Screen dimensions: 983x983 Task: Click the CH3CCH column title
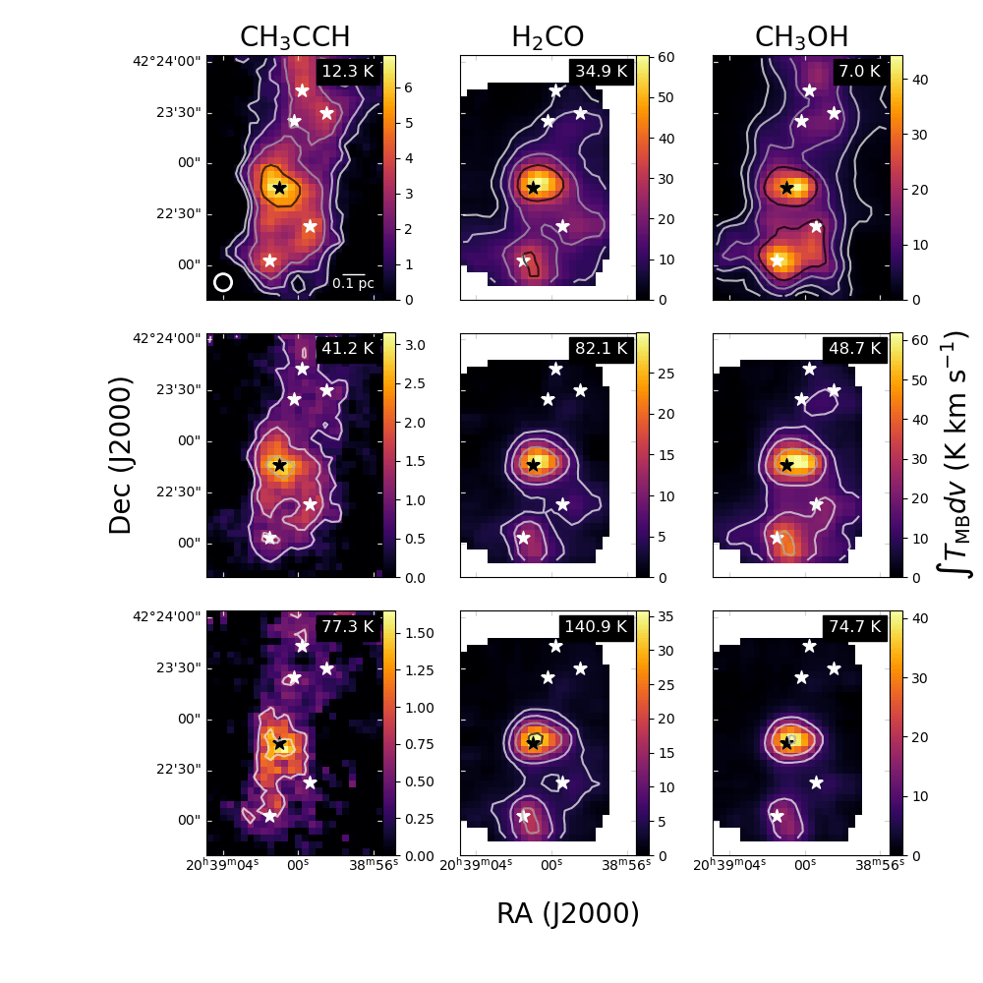click(x=295, y=37)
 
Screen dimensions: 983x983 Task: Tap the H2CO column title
click(x=548, y=37)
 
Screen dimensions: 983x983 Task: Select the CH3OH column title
click(x=801, y=37)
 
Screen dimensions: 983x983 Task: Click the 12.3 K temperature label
click(x=347, y=71)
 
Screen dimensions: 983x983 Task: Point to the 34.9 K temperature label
click(x=601, y=71)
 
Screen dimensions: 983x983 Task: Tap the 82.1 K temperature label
click(x=601, y=348)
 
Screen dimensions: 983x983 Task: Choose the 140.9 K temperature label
click(x=597, y=626)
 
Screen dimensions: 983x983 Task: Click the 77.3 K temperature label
click(x=347, y=626)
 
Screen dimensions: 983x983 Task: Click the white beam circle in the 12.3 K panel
click(x=223, y=282)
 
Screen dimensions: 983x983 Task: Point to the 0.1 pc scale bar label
click(x=353, y=284)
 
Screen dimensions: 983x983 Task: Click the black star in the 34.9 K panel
click(x=534, y=188)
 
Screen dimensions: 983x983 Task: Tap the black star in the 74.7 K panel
click(x=786, y=743)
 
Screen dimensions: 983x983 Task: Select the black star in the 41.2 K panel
click(x=280, y=465)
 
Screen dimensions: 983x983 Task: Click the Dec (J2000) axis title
click(x=120, y=455)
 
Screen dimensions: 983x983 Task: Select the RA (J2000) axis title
click(x=567, y=914)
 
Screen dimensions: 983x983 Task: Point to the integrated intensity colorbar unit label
click(x=957, y=454)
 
